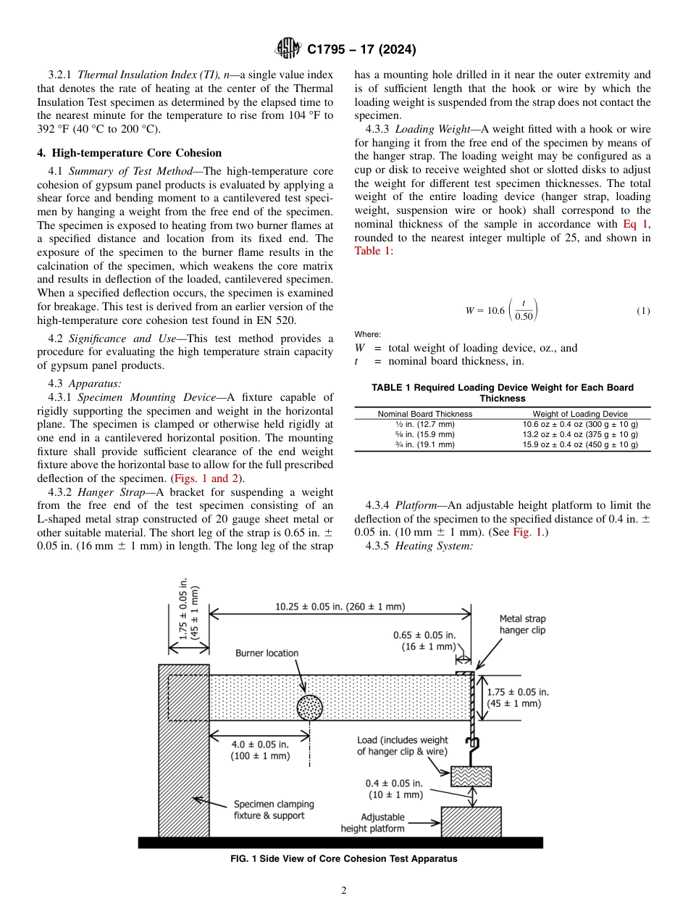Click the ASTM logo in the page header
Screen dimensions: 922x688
click(288, 49)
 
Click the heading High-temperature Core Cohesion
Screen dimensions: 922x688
click(130, 153)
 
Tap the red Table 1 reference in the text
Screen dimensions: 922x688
click(372, 251)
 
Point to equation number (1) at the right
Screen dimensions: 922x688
click(643, 311)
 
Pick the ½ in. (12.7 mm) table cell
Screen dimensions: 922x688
click(425, 424)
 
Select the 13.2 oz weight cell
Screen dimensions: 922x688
click(580, 434)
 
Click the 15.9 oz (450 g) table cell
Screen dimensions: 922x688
click(580, 444)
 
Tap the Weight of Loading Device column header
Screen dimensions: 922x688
click(580, 414)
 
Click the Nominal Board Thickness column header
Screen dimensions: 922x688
click(425, 414)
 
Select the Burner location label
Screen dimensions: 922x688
click(267, 653)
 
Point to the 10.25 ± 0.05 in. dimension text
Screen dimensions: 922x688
click(340, 606)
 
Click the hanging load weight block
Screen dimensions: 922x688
click(471, 776)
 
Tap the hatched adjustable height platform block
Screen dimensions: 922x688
click(471, 821)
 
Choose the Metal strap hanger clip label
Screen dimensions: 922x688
click(522, 625)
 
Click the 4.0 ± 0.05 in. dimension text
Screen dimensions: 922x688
click(260, 750)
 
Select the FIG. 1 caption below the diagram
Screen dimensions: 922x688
click(343, 859)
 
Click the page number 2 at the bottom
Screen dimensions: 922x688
click(344, 891)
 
